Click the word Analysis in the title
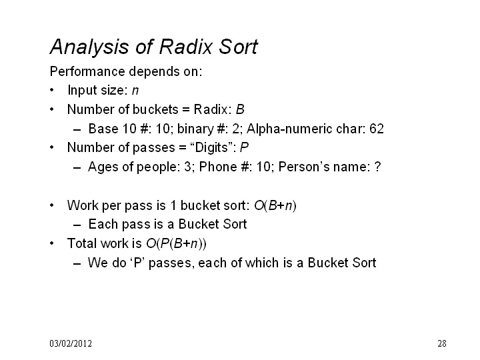tap(89, 48)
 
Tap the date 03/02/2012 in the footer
tap(71, 343)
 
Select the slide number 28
tap(442, 343)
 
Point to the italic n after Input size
tap(135, 91)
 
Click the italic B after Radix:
tap(240, 109)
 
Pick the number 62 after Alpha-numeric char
tap(377, 129)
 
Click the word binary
tap(195, 129)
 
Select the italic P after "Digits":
tap(244, 147)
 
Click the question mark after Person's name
tap(378, 167)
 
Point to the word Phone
tap(218, 167)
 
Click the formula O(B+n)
tap(275, 206)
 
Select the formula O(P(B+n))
tap(176, 244)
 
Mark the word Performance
tap(87, 71)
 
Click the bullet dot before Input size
tap(52, 90)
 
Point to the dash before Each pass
tap(77, 226)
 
